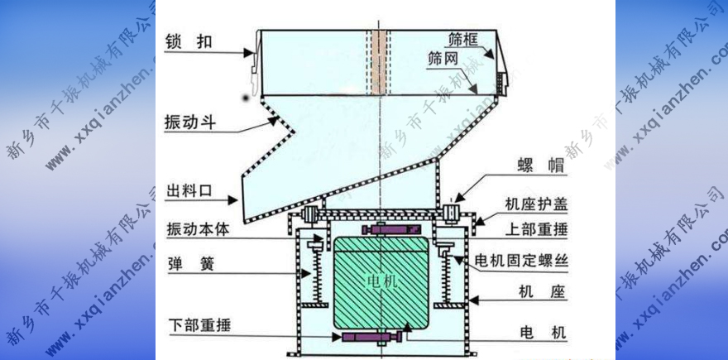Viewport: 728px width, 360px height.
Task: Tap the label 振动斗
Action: (188, 121)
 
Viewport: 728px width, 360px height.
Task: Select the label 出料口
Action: (189, 190)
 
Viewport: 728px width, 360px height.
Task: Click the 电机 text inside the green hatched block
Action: (381, 281)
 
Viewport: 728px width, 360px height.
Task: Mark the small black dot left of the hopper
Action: (246, 98)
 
